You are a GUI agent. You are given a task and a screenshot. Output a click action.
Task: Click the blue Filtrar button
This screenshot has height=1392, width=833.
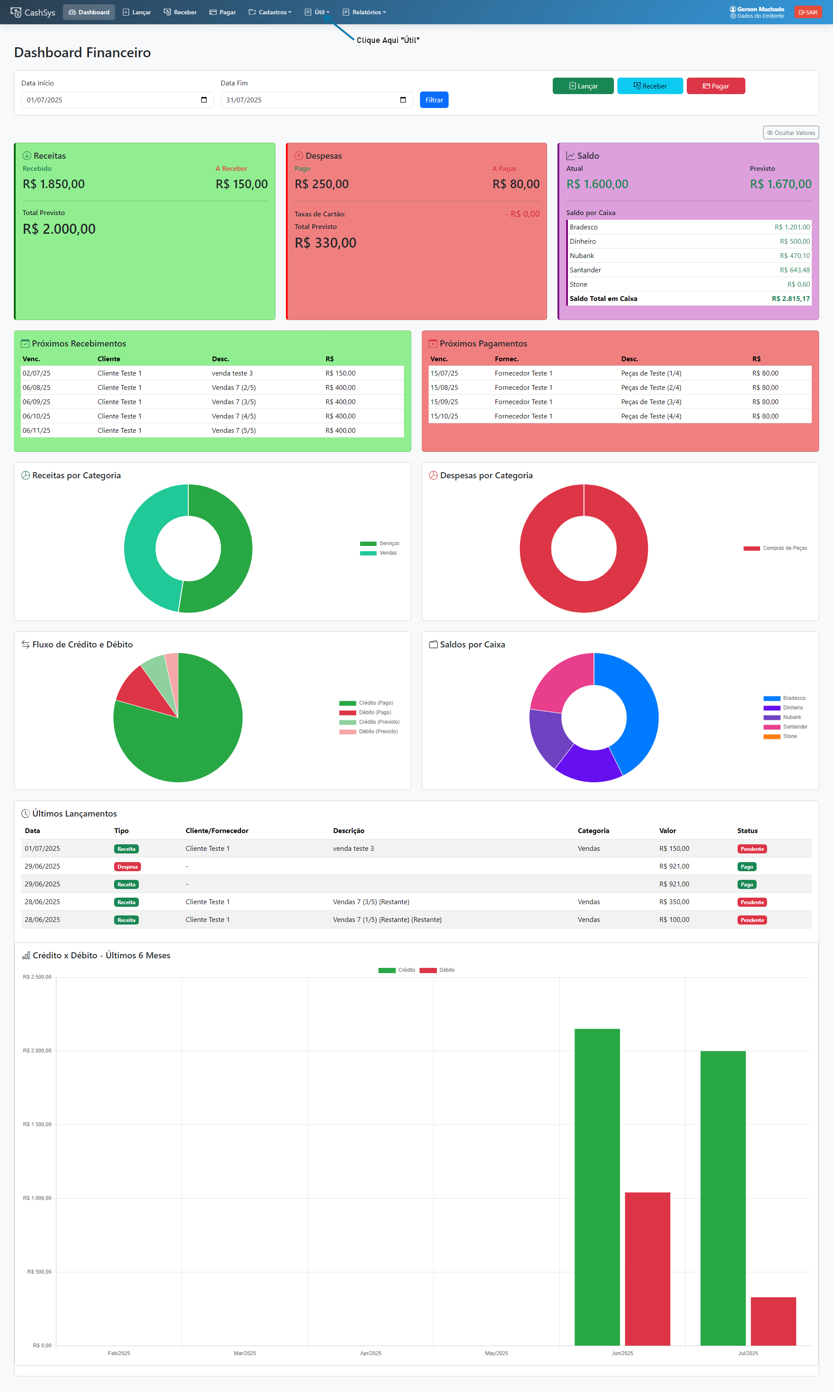(x=434, y=100)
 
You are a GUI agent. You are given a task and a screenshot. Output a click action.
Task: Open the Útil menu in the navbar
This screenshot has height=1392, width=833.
(x=318, y=12)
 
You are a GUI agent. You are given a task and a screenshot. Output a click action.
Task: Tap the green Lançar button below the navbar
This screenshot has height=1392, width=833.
(x=583, y=86)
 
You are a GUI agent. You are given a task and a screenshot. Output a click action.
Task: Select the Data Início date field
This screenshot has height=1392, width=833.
(x=117, y=100)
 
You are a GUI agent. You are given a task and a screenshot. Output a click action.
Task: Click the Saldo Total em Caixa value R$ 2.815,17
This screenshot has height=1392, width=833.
(x=790, y=298)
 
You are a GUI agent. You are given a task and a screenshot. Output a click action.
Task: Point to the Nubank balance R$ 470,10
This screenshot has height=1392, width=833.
(x=794, y=256)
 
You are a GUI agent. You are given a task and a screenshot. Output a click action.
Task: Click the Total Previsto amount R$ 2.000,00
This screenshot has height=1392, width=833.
(x=59, y=229)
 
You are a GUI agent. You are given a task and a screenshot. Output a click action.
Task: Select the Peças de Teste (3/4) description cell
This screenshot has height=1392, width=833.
(x=651, y=402)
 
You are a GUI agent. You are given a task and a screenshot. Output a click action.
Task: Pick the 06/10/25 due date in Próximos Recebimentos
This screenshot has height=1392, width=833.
(x=36, y=416)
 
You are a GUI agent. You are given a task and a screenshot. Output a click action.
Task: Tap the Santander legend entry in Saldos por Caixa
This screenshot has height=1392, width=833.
(x=795, y=727)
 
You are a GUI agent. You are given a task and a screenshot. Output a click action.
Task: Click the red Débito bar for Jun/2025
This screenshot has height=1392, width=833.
(x=647, y=1268)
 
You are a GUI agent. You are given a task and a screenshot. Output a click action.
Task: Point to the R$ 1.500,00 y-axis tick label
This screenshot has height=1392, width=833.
(x=37, y=1124)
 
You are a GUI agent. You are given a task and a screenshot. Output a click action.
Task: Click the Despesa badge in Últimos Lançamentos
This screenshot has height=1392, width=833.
(x=128, y=866)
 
